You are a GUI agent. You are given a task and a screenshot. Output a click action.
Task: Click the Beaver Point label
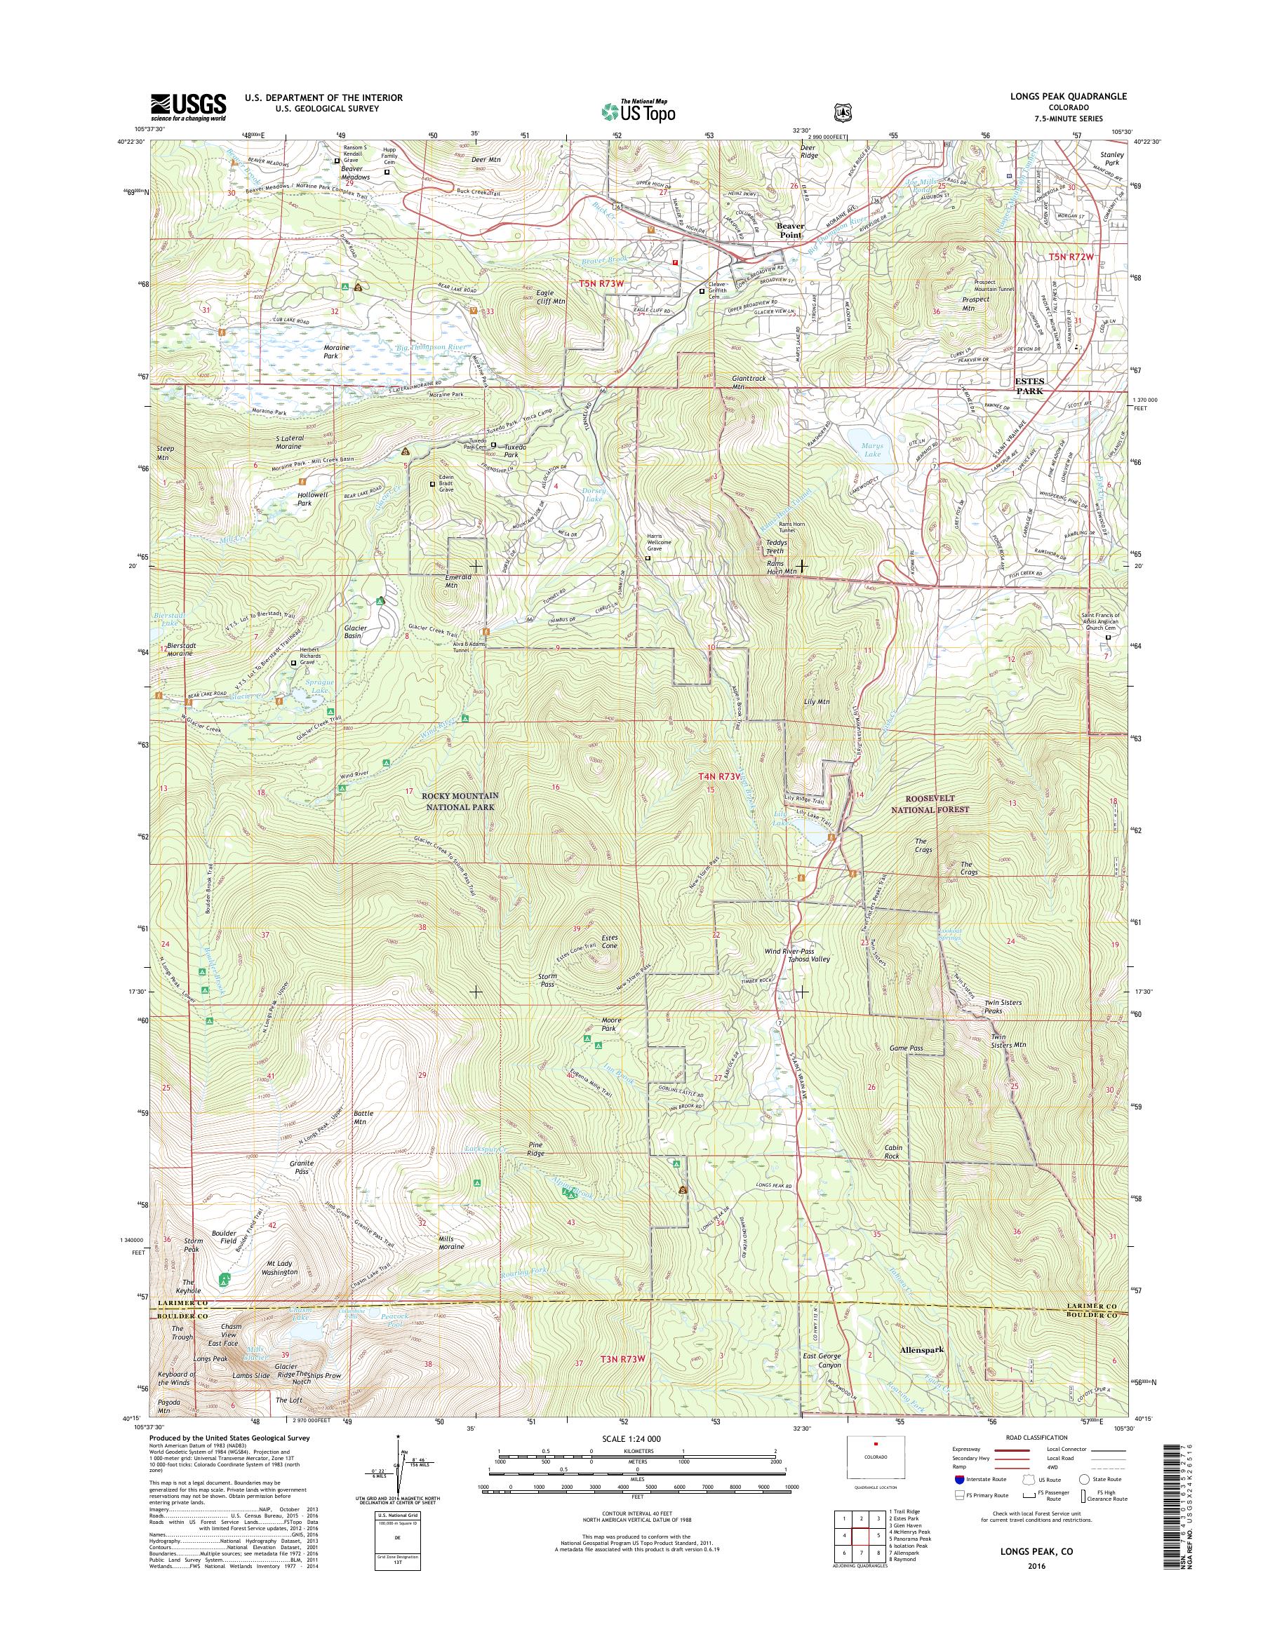789,229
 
